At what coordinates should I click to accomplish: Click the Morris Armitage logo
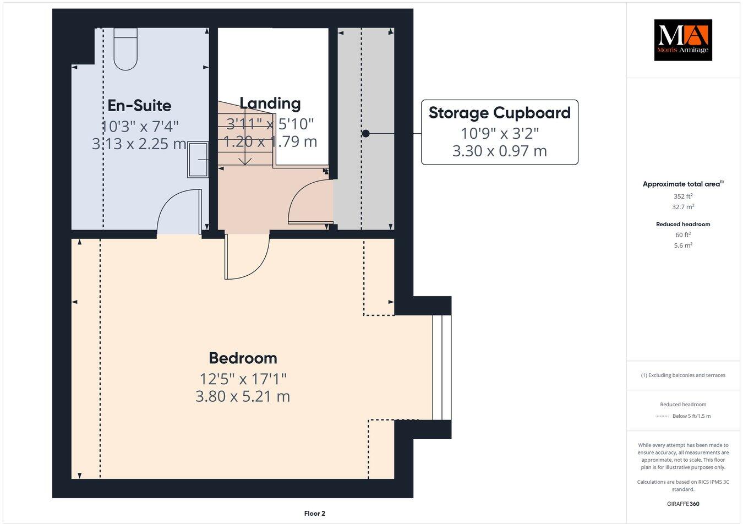682,40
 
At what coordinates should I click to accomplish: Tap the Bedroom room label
243,358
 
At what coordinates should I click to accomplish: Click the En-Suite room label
139,106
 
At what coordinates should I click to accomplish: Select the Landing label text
270,103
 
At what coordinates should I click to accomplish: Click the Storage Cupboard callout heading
499,113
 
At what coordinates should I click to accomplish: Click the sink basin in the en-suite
198,160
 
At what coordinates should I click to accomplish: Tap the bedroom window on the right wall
441,367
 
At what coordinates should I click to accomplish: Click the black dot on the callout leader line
365,133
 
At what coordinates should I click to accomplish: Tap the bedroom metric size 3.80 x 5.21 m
243,396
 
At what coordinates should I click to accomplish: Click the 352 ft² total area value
683,197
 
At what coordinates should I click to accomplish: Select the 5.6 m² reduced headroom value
683,245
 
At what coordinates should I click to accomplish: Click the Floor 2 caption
315,514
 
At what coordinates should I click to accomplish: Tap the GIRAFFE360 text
683,504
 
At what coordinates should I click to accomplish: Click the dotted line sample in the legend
662,416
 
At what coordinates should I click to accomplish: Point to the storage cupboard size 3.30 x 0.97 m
499,151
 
